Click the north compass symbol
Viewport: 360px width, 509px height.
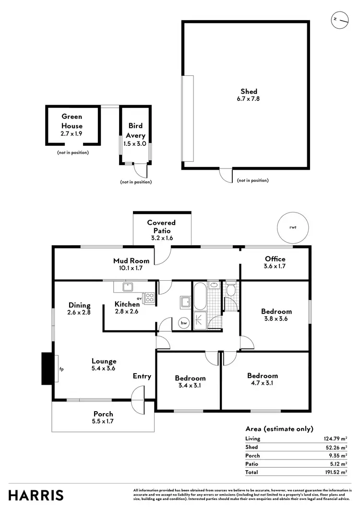339,19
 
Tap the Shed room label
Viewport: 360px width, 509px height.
249,91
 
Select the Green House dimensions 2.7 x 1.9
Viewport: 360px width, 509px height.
72,134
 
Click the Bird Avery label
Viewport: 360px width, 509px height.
135,130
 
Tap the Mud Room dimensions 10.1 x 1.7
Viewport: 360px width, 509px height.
131,269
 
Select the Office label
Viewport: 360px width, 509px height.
275,259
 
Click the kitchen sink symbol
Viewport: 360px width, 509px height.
128,287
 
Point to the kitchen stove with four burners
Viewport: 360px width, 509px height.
149,297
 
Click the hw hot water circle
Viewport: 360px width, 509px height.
183,323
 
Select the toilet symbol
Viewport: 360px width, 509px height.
231,289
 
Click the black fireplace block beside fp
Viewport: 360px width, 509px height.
47,368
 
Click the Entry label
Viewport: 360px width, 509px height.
142,376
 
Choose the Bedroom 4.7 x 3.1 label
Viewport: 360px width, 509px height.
263,376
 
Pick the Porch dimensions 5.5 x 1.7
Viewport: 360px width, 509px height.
103,421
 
